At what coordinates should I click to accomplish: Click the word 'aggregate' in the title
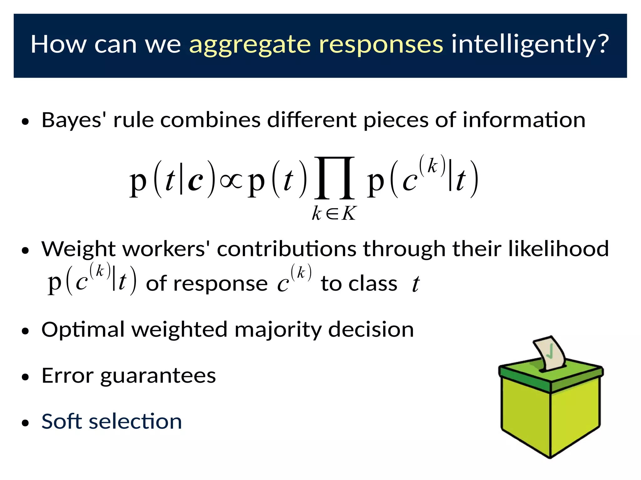(x=250, y=45)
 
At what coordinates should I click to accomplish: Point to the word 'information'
(x=524, y=120)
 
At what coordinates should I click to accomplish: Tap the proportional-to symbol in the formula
(x=231, y=181)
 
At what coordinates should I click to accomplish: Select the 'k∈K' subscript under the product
(x=334, y=214)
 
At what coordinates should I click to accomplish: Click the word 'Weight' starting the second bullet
(x=79, y=249)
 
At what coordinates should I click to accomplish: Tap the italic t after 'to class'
(x=416, y=284)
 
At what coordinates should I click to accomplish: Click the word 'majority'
(x=278, y=330)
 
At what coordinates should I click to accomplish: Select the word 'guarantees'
(x=158, y=376)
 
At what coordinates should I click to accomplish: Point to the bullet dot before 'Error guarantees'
(x=25, y=377)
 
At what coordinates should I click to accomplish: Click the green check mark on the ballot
(x=550, y=352)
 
